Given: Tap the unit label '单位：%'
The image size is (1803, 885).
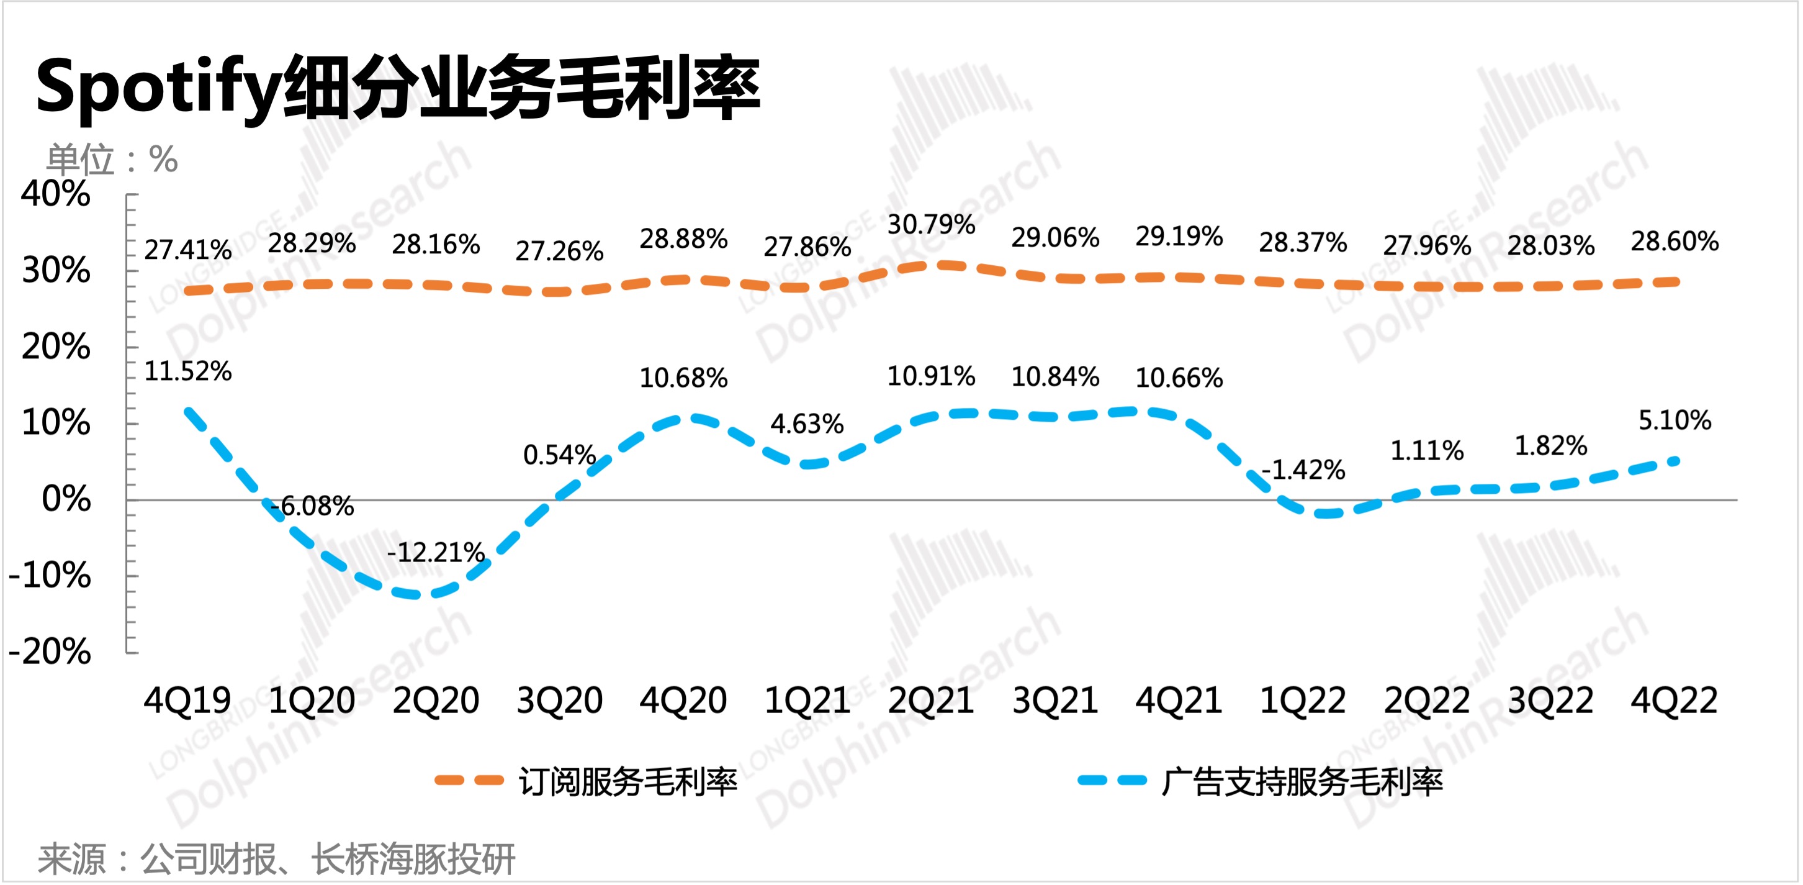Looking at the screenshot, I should (x=112, y=160).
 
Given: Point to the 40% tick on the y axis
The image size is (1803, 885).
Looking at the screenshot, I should (x=56, y=194).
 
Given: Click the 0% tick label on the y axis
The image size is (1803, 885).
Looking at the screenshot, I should (x=66, y=499).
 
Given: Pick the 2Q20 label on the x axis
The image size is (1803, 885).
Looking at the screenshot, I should (x=435, y=700).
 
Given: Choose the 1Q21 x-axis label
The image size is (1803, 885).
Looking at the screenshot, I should (x=807, y=700).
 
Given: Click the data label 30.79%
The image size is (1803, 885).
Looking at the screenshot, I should (x=931, y=225).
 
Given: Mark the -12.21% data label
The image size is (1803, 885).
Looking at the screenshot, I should (x=435, y=552).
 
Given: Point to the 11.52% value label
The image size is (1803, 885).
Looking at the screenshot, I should (x=187, y=371).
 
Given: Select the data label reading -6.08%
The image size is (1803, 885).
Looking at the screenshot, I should (x=312, y=506).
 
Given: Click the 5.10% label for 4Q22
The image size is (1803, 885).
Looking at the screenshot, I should (x=1675, y=420).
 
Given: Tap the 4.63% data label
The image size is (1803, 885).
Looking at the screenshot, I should (x=807, y=424).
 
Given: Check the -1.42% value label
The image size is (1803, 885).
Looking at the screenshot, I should (x=1303, y=469).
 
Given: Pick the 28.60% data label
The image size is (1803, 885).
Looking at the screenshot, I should (x=1675, y=242).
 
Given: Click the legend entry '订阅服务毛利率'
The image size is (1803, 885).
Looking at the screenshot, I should (x=627, y=781).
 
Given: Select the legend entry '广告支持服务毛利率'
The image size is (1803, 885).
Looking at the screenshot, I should (x=1302, y=781).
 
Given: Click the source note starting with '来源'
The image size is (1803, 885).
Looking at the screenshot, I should (x=276, y=859).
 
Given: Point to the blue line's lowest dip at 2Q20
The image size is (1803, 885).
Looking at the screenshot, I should (x=420, y=594).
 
